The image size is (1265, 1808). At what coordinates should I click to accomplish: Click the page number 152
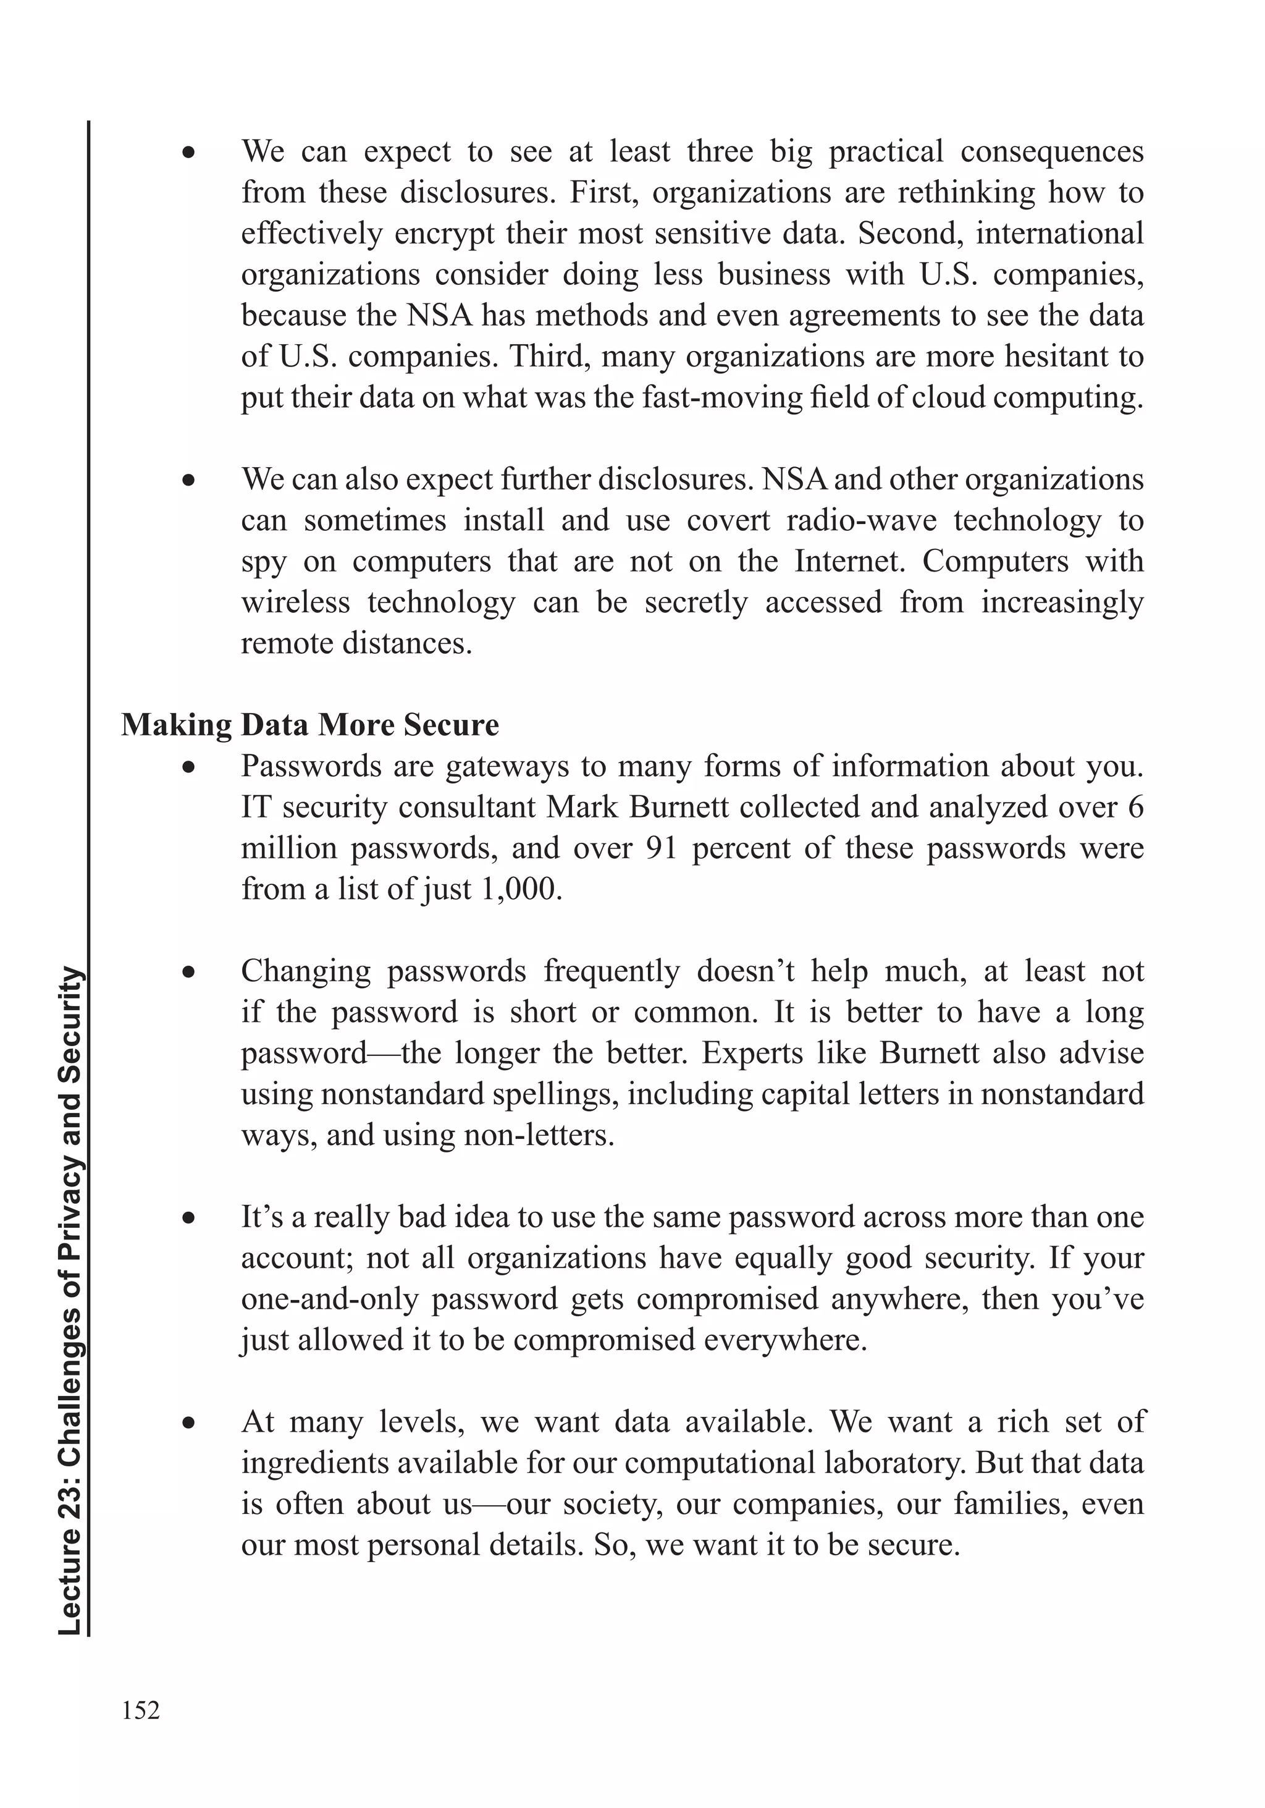[141, 1710]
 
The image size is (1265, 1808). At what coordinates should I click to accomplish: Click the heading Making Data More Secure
[309, 724]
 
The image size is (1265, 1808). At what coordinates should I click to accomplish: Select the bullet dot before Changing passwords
[187, 973]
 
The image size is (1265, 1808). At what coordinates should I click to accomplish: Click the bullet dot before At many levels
[187, 1424]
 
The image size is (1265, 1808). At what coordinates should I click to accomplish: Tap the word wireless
[295, 602]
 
